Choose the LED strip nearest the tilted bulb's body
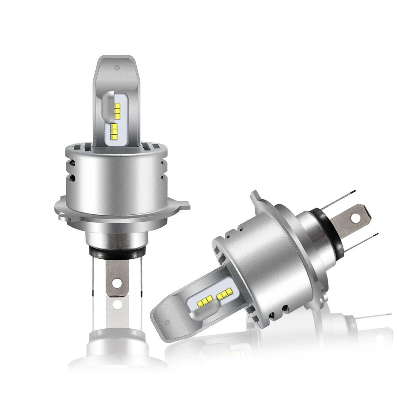point(224,294)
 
